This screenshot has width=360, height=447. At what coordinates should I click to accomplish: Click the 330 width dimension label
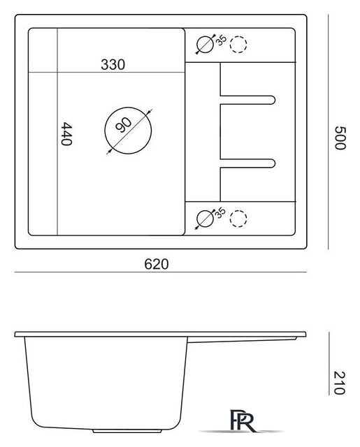tap(113, 65)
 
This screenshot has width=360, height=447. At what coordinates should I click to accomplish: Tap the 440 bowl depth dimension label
tap(66, 134)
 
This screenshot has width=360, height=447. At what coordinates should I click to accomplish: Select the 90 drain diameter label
tap(124, 125)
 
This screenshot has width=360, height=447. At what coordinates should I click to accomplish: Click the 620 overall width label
tap(157, 264)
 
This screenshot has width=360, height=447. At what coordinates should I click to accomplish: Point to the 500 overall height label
tap(340, 138)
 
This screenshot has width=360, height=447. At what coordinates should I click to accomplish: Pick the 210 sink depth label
tap(340, 383)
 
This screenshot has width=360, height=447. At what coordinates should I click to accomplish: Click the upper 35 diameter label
tap(221, 40)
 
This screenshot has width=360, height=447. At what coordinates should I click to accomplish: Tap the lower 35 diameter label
tap(220, 213)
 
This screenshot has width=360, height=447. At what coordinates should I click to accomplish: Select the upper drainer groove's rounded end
tap(275, 100)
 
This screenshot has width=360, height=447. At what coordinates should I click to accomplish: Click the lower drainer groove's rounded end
tap(275, 163)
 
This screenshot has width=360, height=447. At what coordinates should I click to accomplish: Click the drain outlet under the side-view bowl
tap(127, 431)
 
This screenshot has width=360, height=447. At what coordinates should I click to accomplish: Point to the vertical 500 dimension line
tap(329, 132)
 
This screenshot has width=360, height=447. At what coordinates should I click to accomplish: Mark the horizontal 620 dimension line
tap(161, 272)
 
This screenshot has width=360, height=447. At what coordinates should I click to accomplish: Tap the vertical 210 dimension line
tap(329, 363)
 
